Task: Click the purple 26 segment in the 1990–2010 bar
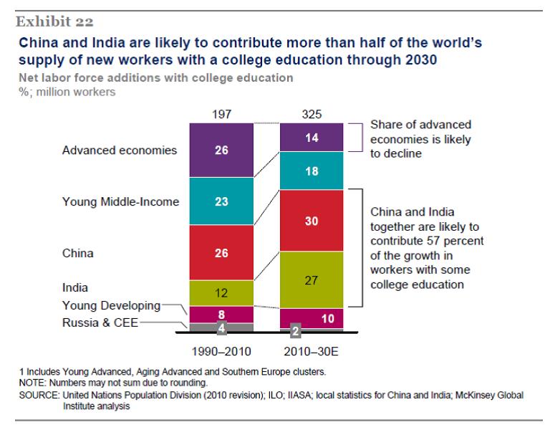coord(221,150)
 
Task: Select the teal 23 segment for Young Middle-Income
coord(221,202)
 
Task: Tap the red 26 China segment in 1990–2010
coord(221,253)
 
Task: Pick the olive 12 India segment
coord(221,292)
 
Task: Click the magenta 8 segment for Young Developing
coord(221,314)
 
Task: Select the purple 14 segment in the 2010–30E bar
coord(312,138)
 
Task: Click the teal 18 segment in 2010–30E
coord(312,172)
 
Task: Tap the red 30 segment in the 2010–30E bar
coord(312,221)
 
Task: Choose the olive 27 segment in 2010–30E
coord(312,280)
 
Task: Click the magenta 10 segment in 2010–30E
coord(312,318)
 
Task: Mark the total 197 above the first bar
coord(221,114)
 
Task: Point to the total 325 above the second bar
coord(312,114)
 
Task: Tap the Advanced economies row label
coord(120,150)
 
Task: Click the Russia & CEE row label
coord(101,322)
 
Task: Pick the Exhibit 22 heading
coord(56,22)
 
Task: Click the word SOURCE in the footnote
coord(40,395)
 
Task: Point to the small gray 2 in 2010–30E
coord(295,332)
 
